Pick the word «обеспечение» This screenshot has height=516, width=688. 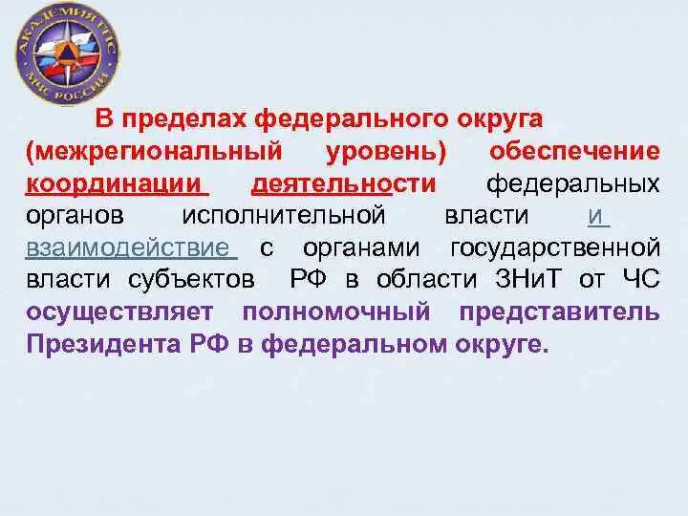(x=574, y=151)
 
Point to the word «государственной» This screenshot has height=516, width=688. (x=555, y=247)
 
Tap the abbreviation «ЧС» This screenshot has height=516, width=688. (x=640, y=279)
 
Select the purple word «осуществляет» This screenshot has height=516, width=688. (x=123, y=312)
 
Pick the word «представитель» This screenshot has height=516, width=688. (x=559, y=312)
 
